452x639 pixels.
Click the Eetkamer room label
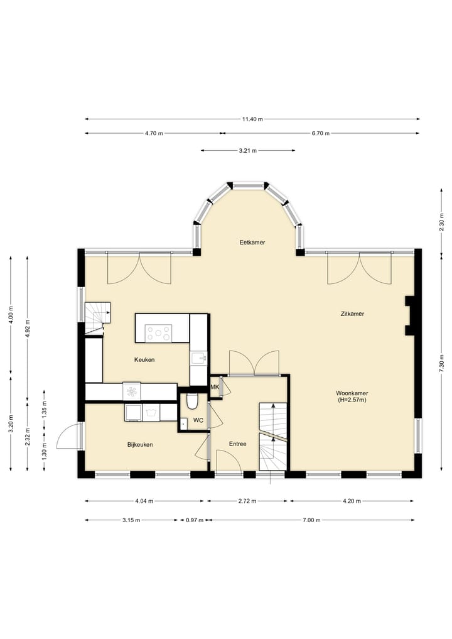tap(252, 243)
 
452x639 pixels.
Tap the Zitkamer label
tap(352, 314)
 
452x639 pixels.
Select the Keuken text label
tap(144, 359)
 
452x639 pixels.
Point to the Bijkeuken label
tap(140, 445)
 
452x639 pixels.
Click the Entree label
tap(237, 444)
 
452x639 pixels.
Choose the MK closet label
tap(215, 387)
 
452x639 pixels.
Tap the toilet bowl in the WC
tap(192, 401)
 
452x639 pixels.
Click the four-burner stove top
tap(159, 333)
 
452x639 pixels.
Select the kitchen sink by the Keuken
tap(199, 358)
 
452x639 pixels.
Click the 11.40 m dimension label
tap(252, 119)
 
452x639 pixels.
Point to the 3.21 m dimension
tap(247, 150)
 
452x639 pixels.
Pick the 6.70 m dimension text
tap(321, 133)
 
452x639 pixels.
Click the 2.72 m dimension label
tap(247, 501)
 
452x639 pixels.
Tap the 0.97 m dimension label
tap(194, 520)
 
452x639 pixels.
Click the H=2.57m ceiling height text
tap(352, 400)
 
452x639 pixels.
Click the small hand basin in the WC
tap(183, 423)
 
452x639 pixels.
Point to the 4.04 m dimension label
tap(144, 501)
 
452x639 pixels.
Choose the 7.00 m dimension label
tap(311, 520)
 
